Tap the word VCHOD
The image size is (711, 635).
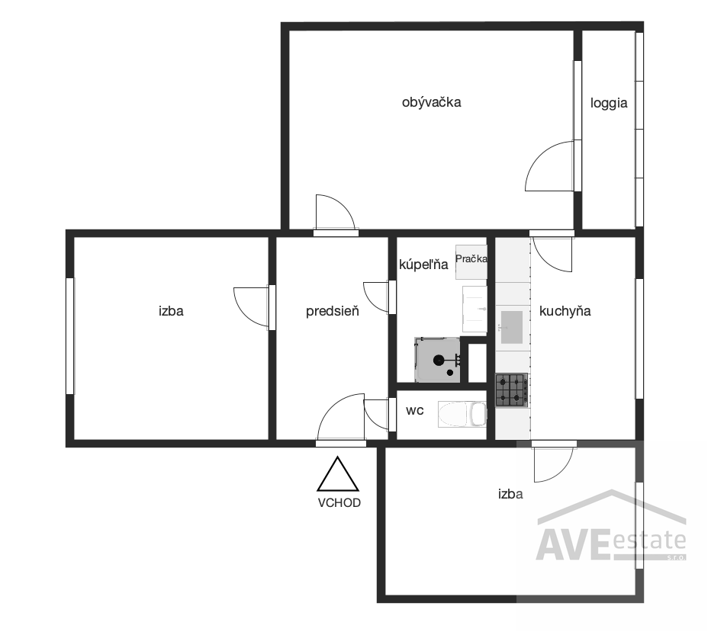point(339,502)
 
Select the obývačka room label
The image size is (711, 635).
point(431,102)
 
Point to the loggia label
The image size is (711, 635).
point(609,104)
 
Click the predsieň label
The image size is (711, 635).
point(333,311)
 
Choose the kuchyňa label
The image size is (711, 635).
point(565,311)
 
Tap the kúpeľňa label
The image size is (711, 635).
point(423,265)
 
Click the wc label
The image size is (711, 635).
point(414,411)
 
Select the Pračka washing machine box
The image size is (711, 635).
point(471,262)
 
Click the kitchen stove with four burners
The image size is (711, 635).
point(512,390)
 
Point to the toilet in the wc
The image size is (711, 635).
point(462,414)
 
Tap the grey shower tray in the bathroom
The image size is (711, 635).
point(437,359)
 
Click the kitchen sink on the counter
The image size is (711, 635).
point(512,327)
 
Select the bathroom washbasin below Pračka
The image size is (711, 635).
point(475,309)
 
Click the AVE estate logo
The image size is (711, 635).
point(611,526)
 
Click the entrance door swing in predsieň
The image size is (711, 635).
point(341,417)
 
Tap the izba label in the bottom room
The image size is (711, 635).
point(510,494)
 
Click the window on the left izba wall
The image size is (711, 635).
point(70,336)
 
